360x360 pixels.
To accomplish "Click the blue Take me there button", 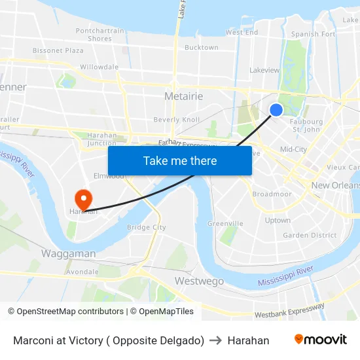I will pyautogui.click(x=180, y=160).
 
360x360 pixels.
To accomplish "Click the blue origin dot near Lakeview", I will pyautogui.click(x=276, y=110).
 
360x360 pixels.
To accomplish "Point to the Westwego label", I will pyautogui.click(x=199, y=281).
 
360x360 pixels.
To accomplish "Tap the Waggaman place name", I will pyautogui.click(x=69, y=253).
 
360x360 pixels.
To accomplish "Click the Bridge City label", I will pyautogui.click(x=146, y=227).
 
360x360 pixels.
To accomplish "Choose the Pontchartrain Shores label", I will pyautogui.click(x=99, y=35).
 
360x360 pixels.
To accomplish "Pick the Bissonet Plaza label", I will pyautogui.click(x=58, y=50).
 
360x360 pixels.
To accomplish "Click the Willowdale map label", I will pyautogui.click(x=99, y=67).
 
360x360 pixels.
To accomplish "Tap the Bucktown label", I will pyautogui.click(x=201, y=48).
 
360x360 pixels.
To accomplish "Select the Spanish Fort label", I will pyautogui.click(x=314, y=34).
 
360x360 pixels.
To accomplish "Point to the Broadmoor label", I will pyautogui.click(x=272, y=194).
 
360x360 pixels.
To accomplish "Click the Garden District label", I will pyautogui.click(x=310, y=236).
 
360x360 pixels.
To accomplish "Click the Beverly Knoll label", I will pyautogui.click(x=177, y=120).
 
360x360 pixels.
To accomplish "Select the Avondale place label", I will pyautogui.click(x=82, y=272).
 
